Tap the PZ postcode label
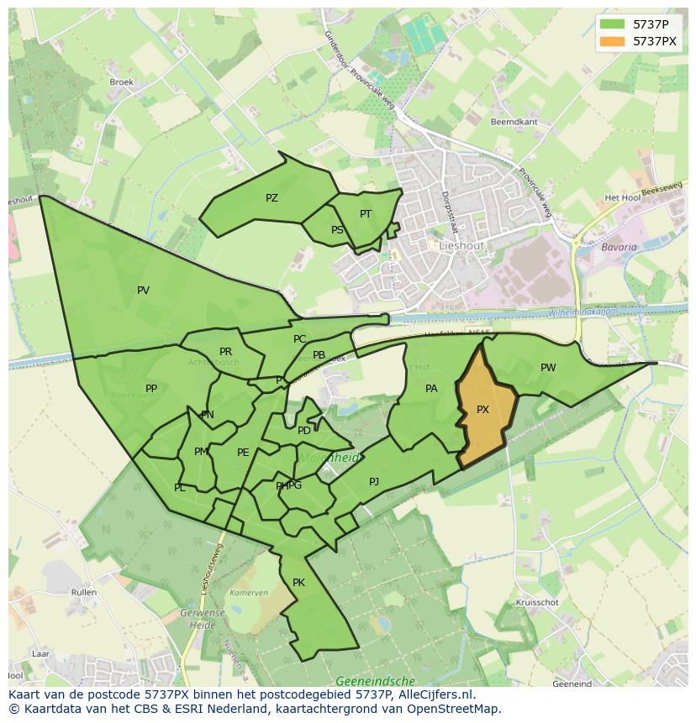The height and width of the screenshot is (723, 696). [272, 198]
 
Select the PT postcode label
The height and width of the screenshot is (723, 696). [366, 214]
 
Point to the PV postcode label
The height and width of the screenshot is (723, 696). [143, 291]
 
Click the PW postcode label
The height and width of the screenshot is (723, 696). [548, 368]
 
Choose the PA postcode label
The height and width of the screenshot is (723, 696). [431, 389]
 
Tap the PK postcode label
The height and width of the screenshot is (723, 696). [298, 583]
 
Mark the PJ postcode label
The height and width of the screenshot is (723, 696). [374, 482]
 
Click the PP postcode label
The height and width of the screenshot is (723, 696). [151, 389]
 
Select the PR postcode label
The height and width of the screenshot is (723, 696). [225, 352]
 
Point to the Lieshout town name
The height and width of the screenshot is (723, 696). [461, 245]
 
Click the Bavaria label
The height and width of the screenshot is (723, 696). [619, 248]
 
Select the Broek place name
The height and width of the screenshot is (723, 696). [122, 82]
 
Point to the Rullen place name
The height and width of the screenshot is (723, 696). [84, 592]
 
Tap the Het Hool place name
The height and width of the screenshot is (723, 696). [623, 198]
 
